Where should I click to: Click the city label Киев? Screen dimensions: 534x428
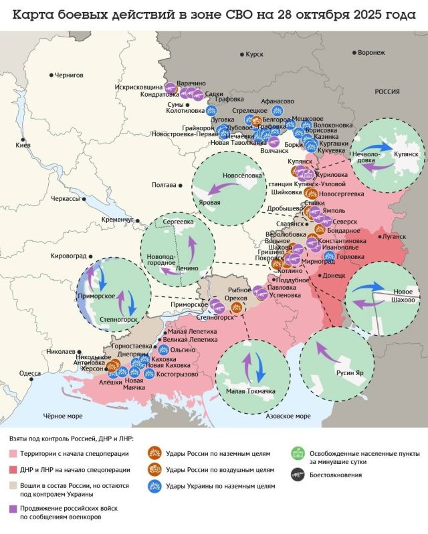(x=23, y=145)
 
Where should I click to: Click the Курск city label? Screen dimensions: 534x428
(x=254, y=53)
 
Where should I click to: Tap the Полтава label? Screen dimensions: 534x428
(x=164, y=184)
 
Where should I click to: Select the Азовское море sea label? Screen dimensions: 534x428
(x=289, y=416)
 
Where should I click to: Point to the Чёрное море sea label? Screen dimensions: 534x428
(x=63, y=416)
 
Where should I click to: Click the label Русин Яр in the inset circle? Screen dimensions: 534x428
(x=350, y=373)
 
